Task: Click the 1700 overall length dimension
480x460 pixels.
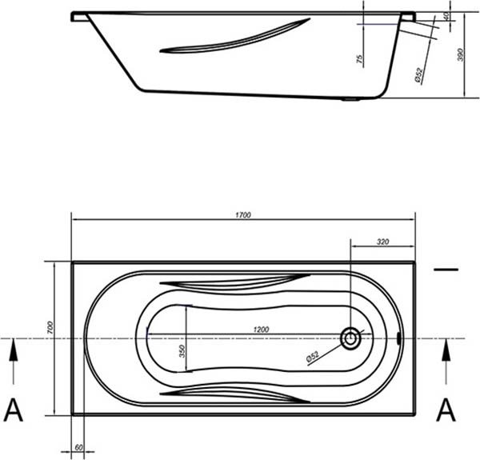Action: tap(243, 215)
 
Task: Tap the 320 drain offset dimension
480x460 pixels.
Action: tap(382, 242)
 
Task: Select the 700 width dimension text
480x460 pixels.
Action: tap(50, 327)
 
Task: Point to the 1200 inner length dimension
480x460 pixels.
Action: tap(261, 330)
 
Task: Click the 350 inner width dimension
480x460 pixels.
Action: tap(182, 351)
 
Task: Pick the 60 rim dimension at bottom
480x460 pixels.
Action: tap(78, 447)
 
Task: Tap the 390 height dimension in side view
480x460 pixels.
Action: tap(461, 54)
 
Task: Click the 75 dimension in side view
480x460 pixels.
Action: tap(360, 58)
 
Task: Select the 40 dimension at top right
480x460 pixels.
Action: tap(446, 16)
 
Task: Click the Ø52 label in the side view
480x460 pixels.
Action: tap(418, 74)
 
